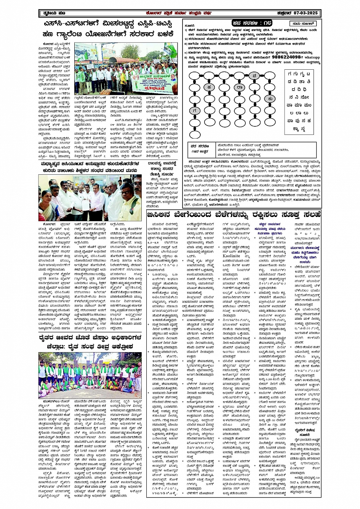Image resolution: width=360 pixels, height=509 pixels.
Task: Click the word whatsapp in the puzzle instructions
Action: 311,57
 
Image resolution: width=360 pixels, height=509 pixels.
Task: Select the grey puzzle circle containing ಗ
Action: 194,111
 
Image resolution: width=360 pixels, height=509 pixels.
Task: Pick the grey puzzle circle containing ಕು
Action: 270,99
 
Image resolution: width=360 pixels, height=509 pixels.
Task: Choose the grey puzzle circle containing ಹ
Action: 209,87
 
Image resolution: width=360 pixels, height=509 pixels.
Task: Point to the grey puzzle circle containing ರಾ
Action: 239,87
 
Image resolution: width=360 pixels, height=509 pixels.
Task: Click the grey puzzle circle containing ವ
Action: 254,75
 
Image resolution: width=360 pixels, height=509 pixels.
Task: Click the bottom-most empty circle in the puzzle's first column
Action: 194,134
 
